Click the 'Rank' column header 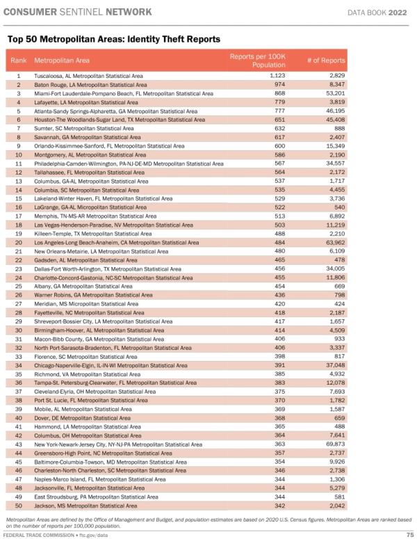[18, 61]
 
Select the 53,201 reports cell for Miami [334, 93]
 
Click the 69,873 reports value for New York [334, 444]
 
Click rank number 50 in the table [18, 506]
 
